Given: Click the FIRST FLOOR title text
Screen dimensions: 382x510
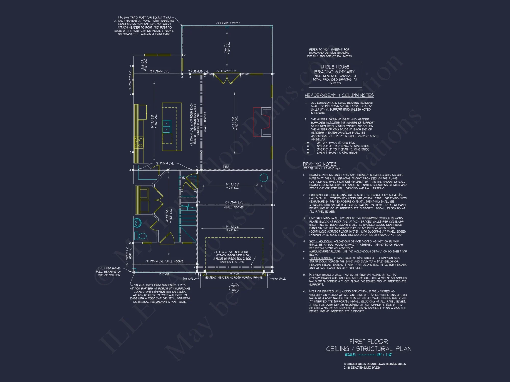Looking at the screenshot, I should coord(368,342).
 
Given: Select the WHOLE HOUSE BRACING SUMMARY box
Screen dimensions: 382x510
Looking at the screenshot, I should coord(335,75).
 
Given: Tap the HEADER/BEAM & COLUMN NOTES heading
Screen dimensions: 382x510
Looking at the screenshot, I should coord(339,95).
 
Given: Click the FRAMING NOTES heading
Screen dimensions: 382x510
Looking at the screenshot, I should coord(320,164).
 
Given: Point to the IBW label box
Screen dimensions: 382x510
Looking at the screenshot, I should coord(227,166).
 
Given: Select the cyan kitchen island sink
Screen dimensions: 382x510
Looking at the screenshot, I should coord(167,127).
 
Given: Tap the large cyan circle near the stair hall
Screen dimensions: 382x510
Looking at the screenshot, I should coord(263,178).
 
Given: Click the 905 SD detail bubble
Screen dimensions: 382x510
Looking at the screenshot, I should coord(234,288).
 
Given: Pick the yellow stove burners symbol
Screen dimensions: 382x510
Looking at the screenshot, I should coord(139,143).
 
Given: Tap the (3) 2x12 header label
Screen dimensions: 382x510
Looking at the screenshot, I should coord(234,274).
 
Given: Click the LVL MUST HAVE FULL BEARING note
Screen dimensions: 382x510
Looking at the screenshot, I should coord(109,272).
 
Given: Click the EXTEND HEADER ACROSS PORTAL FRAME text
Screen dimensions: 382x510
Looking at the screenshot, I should coord(234,278).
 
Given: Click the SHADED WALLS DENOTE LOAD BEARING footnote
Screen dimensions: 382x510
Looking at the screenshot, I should coord(375,364).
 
